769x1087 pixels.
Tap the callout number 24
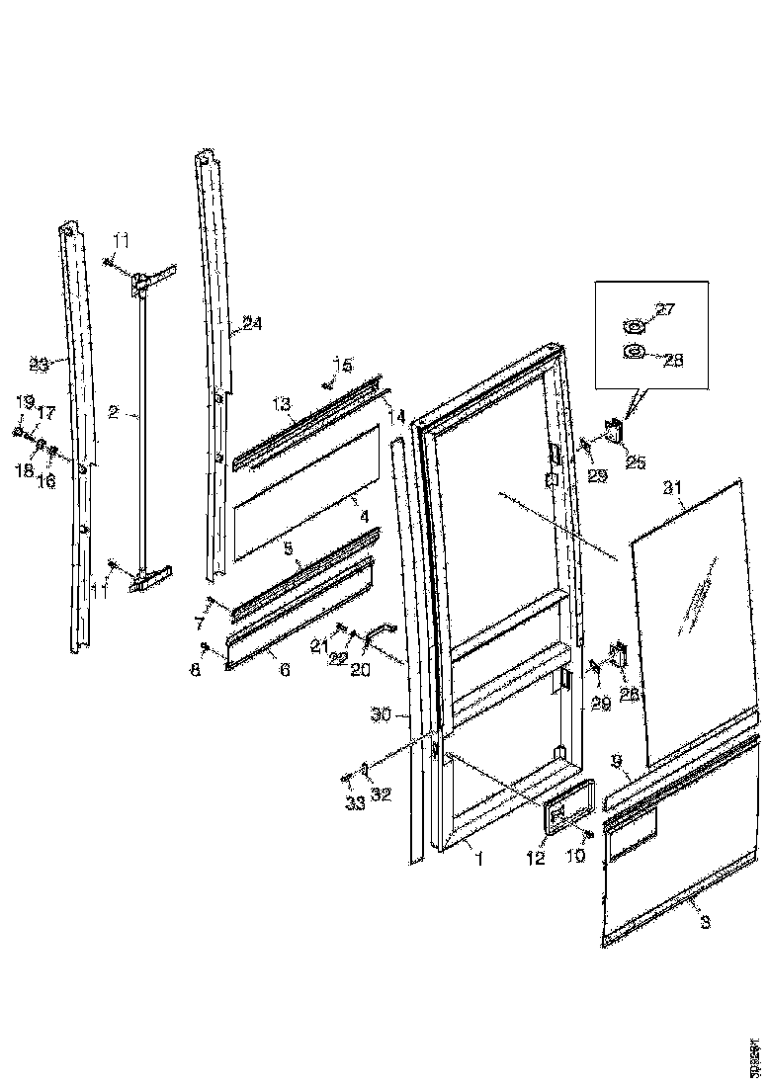tap(251, 323)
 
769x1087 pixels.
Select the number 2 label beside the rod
tap(114, 414)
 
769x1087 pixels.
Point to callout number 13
tap(281, 404)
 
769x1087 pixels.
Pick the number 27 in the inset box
tap(665, 309)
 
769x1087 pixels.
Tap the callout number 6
tap(286, 669)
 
